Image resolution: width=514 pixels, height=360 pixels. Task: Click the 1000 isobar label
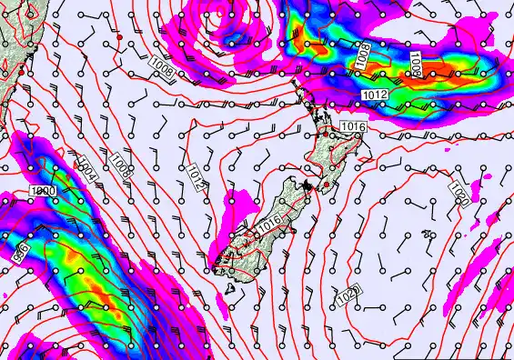[x=42, y=191]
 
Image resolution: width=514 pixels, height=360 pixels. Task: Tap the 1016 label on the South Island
[x=269, y=223]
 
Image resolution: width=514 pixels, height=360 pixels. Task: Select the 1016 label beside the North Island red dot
[x=352, y=126]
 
